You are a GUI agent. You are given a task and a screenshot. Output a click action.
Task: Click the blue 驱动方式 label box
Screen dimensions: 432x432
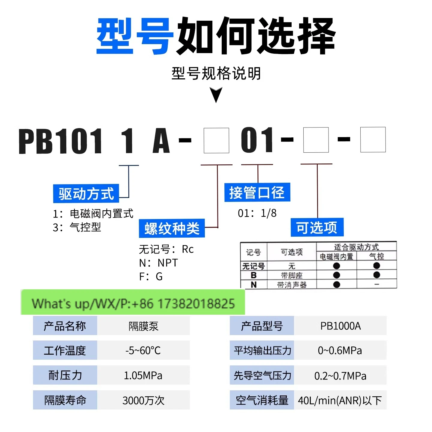[x=86, y=193]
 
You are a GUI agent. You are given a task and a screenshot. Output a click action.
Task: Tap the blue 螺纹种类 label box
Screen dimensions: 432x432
[x=172, y=228]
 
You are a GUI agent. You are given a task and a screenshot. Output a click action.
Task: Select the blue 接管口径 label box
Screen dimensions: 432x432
[x=257, y=192]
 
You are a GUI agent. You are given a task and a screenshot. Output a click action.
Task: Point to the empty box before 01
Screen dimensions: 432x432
[x=216, y=141]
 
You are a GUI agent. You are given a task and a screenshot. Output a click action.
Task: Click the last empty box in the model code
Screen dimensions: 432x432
[x=373, y=140]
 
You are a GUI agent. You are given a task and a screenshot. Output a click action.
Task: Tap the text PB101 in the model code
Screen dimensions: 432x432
[x=61, y=141]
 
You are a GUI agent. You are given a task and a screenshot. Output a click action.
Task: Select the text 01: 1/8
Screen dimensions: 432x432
[x=257, y=213]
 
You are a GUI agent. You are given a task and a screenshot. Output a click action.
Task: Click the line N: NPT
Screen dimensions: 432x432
[x=158, y=263]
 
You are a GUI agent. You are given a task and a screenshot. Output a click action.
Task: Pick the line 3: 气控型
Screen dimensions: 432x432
[x=77, y=227]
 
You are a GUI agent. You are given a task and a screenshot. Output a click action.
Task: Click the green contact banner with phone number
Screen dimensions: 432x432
[x=133, y=302]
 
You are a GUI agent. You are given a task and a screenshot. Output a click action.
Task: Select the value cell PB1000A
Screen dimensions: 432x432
[x=340, y=326]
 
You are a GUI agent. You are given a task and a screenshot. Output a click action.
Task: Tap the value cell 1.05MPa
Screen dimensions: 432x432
[x=143, y=375]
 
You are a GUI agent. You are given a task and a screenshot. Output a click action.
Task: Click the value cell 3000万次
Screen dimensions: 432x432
[x=143, y=400]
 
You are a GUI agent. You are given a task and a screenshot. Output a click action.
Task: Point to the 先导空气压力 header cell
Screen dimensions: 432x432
[x=262, y=375]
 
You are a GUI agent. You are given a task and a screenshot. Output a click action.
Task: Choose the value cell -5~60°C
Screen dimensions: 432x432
[x=143, y=350]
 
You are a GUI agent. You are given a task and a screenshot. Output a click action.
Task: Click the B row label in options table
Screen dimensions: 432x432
[x=253, y=275]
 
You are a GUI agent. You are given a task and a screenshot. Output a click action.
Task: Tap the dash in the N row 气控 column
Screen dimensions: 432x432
[x=376, y=284]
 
